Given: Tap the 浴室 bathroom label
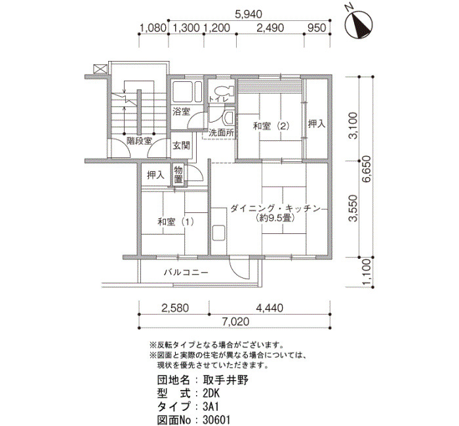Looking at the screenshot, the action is point(181,111).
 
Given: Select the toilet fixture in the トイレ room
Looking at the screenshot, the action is point(226,90).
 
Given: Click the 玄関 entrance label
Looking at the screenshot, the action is point(181,145).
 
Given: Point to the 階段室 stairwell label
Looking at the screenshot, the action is point(139,141).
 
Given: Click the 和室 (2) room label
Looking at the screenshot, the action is point(271,126).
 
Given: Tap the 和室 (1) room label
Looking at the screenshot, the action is point(176,222).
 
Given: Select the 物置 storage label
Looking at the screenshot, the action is point(178,174).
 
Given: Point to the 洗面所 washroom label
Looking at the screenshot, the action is point(222,133).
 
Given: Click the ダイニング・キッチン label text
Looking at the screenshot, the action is point(275,209).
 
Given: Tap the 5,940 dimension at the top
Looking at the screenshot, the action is point(249,14).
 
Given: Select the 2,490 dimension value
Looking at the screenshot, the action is point(270,28).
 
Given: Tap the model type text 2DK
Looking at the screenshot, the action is point(211,393).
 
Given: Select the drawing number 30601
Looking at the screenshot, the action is point(216,421).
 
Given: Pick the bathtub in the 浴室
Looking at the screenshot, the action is point(187,91).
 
